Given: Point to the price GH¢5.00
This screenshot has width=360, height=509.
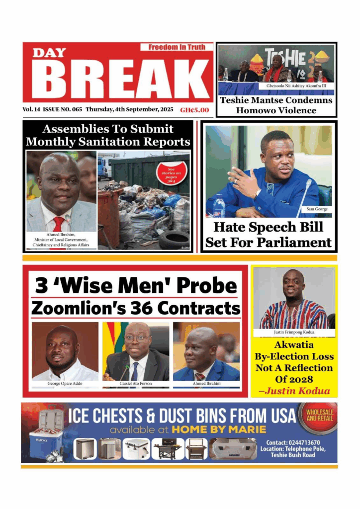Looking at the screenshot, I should (194, 110).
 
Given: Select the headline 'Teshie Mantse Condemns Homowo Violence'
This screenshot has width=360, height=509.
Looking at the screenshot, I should (276, 105).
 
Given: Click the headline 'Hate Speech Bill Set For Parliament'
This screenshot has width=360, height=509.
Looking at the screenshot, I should (269, 235).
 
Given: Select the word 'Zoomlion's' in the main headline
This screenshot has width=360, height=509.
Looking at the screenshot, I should (75, 308).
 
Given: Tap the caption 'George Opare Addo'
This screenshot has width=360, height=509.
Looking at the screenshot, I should (64, 384).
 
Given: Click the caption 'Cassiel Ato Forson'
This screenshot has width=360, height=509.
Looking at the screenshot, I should (136, 384).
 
